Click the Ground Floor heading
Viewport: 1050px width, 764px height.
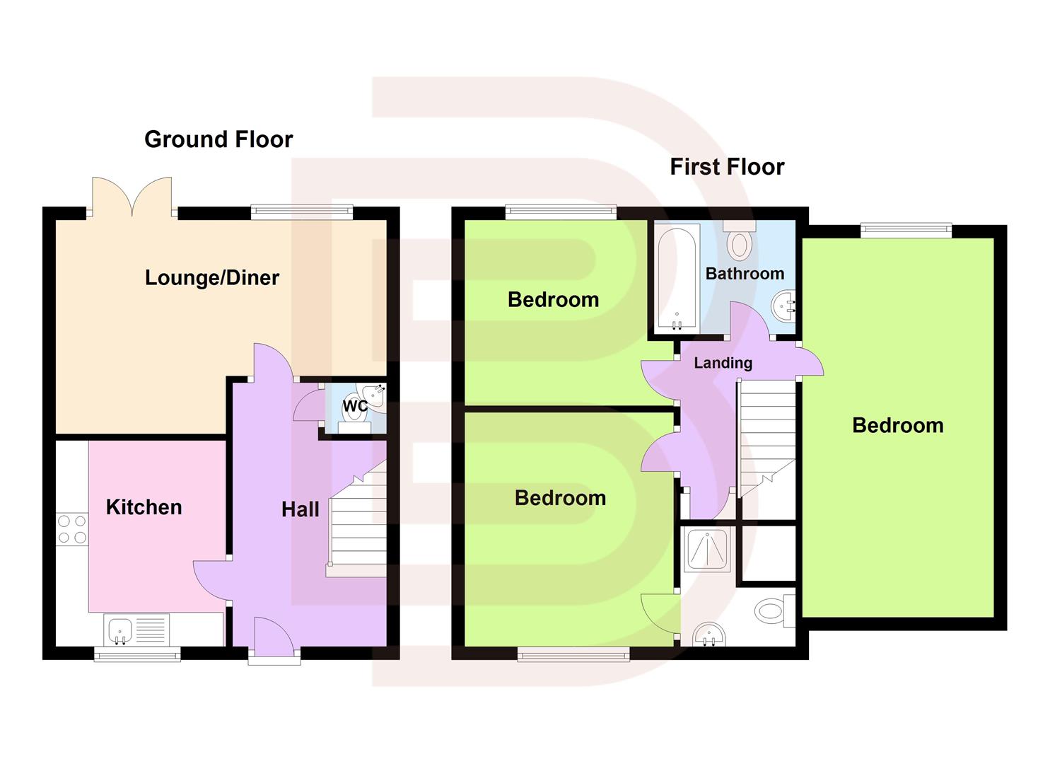[218, 139]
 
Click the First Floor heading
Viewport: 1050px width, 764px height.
[727, 167]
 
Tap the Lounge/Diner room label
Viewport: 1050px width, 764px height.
[212, 277]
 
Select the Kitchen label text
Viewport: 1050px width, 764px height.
[144, 507]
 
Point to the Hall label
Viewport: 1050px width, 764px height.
[300, 509]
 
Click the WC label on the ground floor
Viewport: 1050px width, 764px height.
[354, 406]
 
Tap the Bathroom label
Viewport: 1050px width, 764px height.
[745, 274]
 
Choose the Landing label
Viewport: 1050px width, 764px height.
[723, 363]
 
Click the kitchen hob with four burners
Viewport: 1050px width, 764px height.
[72, 529]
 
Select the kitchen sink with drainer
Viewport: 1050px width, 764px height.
[136, 629]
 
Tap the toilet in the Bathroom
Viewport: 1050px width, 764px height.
[740, 241]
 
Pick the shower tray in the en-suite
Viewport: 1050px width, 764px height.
[707, 548]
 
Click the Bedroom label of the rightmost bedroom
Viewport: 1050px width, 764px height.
[897, 425]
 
